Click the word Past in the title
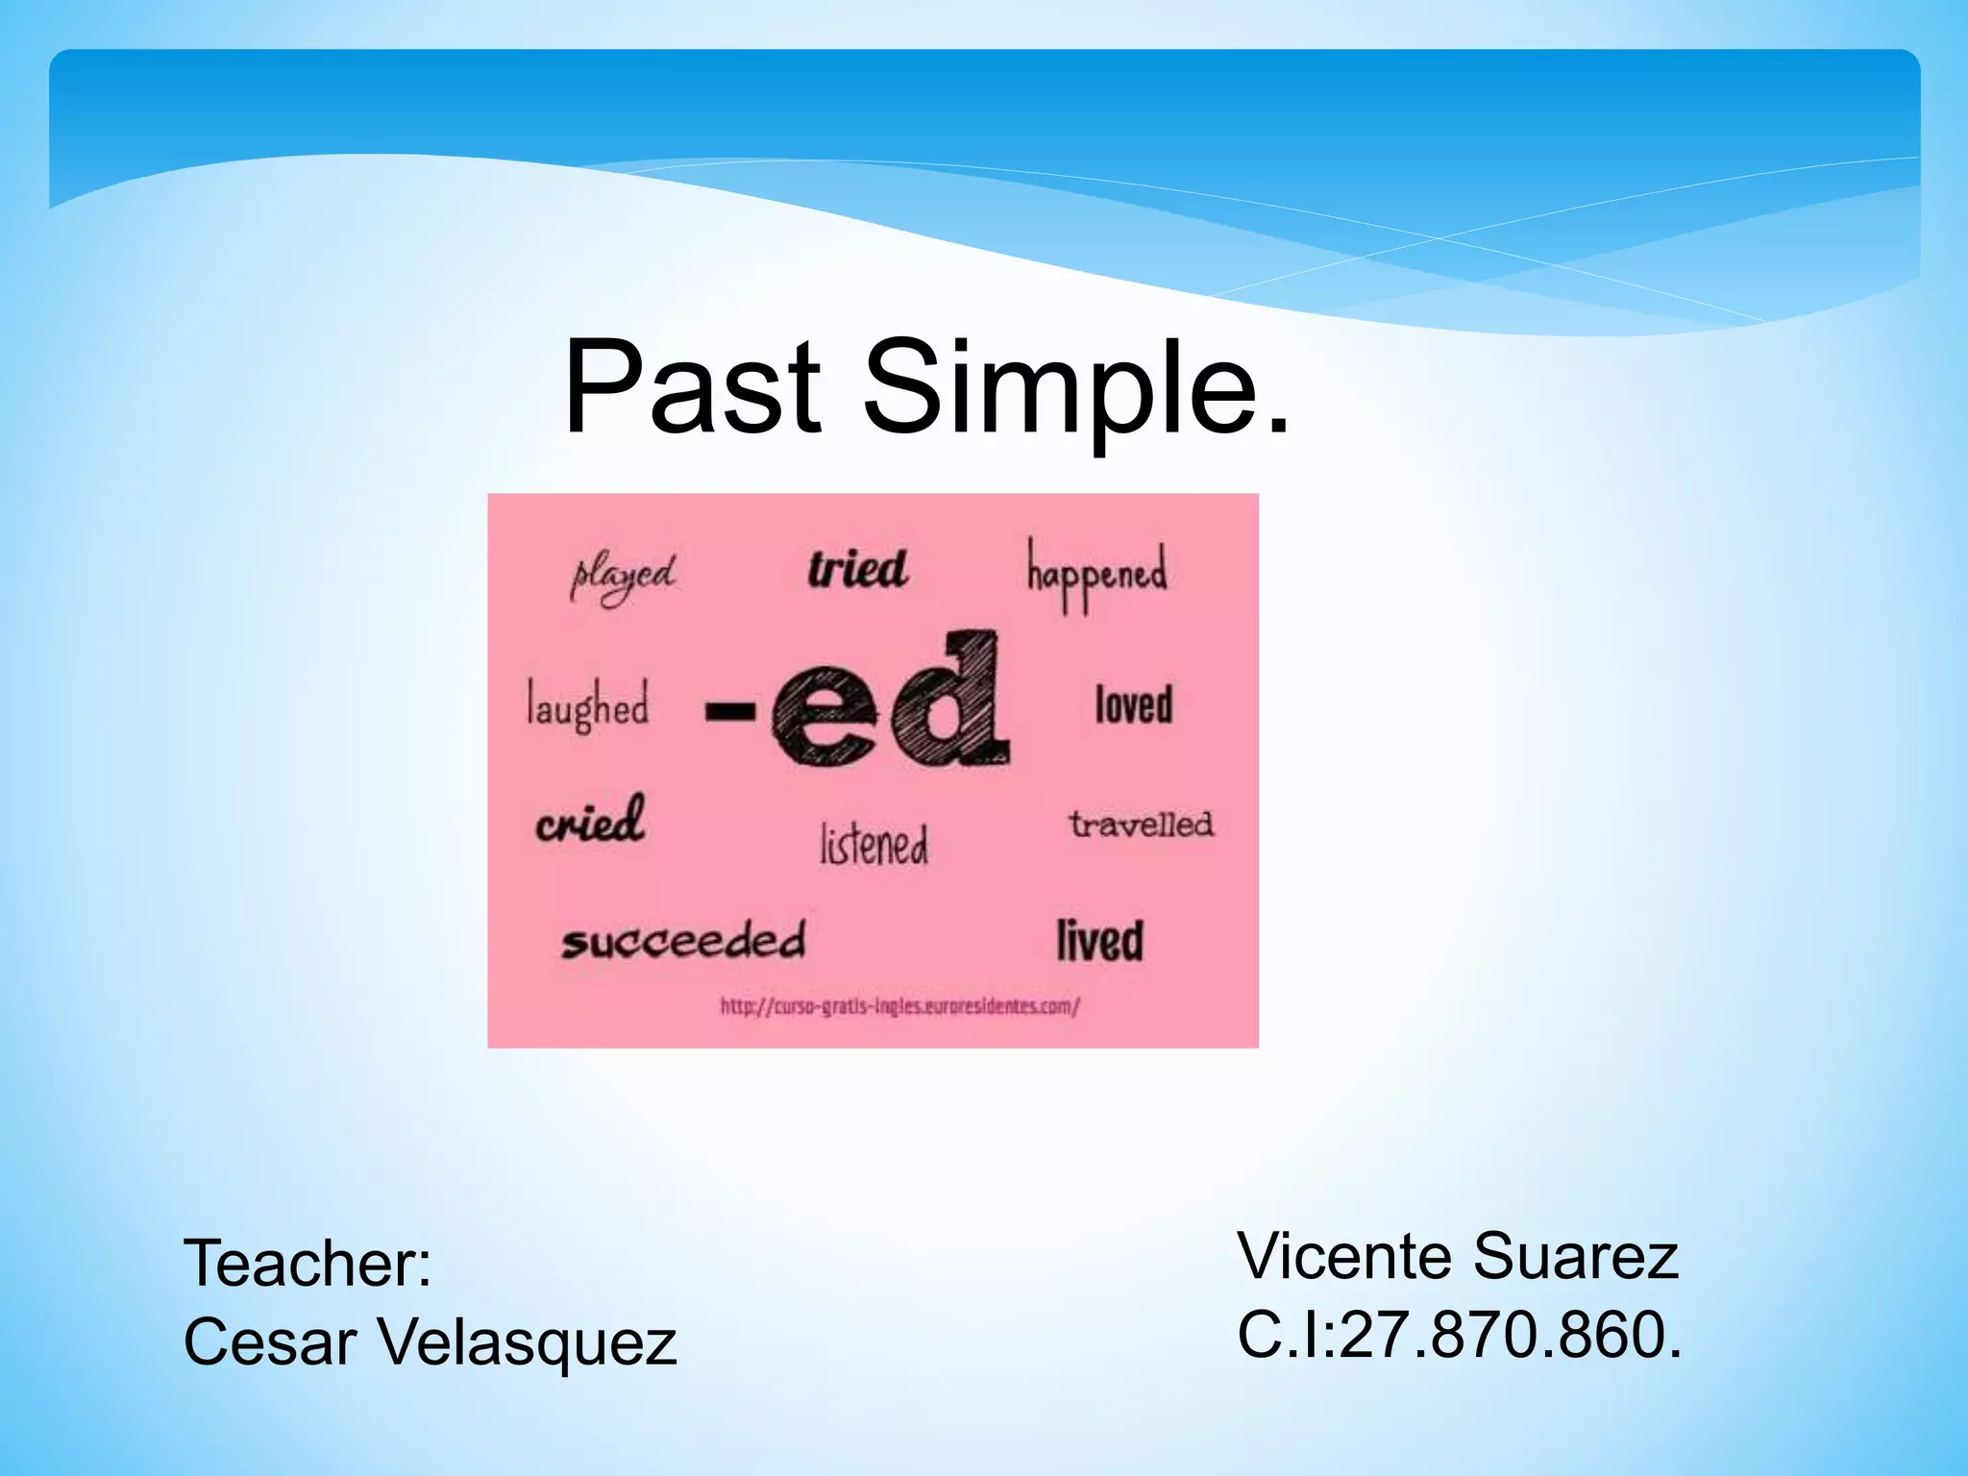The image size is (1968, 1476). tap(692, 387)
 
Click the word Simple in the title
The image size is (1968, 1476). tap(1076, 387)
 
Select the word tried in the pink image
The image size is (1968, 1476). tap(857, 569)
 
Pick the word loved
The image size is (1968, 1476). tap(1134, 704)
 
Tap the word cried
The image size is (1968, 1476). tap(590, 822)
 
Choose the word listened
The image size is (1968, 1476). tap(874, 845)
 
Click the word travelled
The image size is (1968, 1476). tap(1141, 824)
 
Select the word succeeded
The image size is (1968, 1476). tap(683, 941)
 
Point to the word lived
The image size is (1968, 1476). tap(1100, 940)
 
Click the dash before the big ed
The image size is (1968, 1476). tap(729, 712)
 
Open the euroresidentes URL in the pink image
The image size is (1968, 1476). tap(900, 1007)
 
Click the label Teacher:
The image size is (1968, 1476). tap(307, 1263)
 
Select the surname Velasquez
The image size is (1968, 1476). tap(529, 1342)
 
